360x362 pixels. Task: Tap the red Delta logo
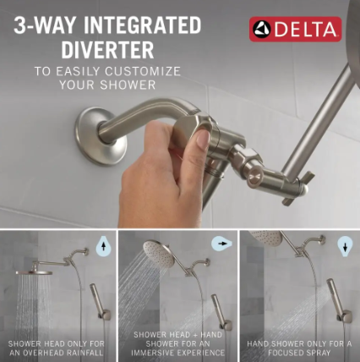coord(296,29)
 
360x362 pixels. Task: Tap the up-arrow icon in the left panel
coord(104,246)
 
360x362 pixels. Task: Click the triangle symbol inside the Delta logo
coord(264,29)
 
